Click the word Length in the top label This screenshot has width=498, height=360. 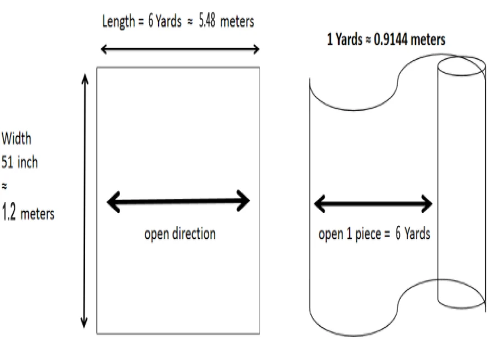118,22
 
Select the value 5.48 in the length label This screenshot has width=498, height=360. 207,20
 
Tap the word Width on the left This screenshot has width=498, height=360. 16,138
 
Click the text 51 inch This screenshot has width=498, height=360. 19,162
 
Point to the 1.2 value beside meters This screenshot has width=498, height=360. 8,213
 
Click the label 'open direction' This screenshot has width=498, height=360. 180,234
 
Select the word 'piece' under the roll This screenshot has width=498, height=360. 368,234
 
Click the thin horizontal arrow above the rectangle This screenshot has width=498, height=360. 180,49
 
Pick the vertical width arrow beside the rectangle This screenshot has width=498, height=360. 85,200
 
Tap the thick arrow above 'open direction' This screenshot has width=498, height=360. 179,201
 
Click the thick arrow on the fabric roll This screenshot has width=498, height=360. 373,203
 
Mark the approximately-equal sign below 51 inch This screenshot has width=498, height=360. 4,186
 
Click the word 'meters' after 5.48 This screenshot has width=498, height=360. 237,22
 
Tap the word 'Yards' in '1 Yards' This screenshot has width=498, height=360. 349,39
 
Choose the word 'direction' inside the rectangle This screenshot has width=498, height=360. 194,234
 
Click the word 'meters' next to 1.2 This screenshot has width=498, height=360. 38,214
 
